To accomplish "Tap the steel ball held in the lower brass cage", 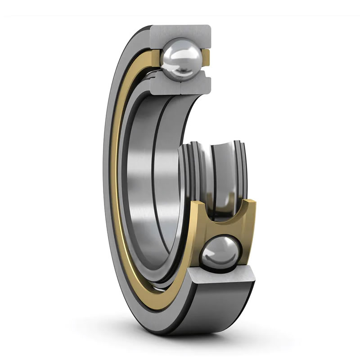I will pyautogui.click(x=221, y=255).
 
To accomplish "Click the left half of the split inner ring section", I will pyautogui.click(x=164, y=85).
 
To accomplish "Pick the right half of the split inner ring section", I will pyautogui.click(x=196, y=85).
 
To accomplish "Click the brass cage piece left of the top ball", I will pyautogui.click(x=155, y=58).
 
